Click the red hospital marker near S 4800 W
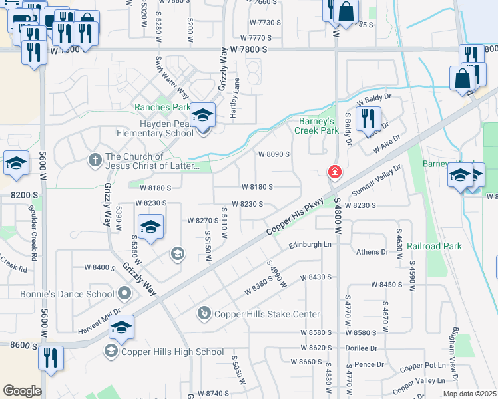pos(334,172)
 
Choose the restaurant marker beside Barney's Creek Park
pos(368,118)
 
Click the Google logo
pos(21,391)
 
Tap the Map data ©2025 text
pos(469,394)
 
